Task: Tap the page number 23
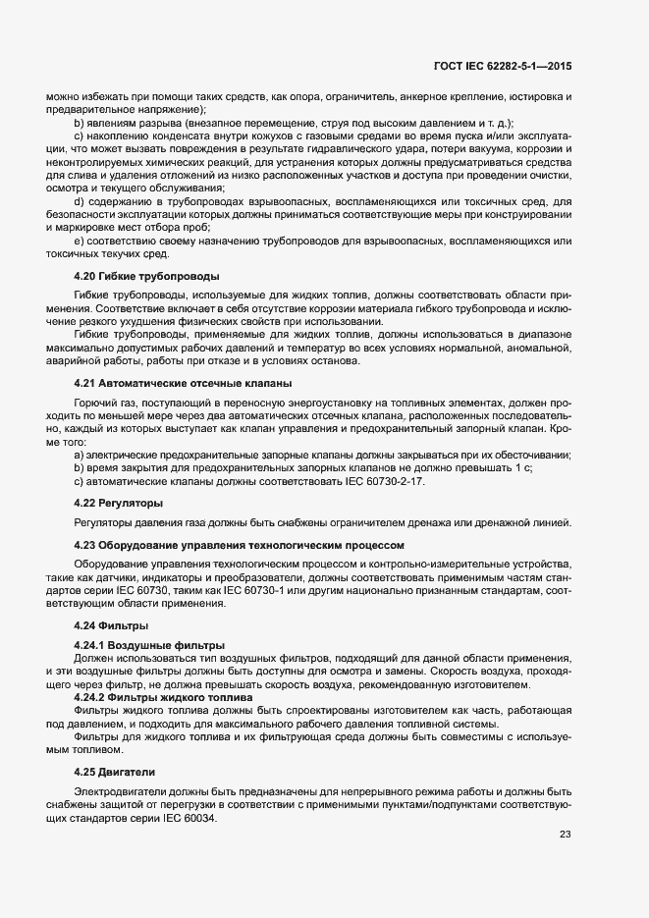coord(565,835)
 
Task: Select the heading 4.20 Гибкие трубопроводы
coord(146,275)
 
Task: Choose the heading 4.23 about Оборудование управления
coord(232,544)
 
